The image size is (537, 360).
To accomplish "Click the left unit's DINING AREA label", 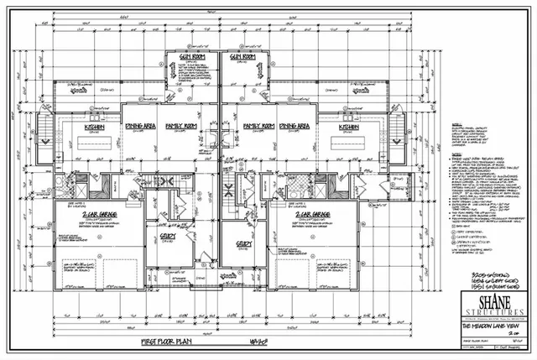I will pyautogui.click(x=141, y=126).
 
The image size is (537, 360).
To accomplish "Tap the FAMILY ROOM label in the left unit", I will pyautogui.click(x=180, y=126).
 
